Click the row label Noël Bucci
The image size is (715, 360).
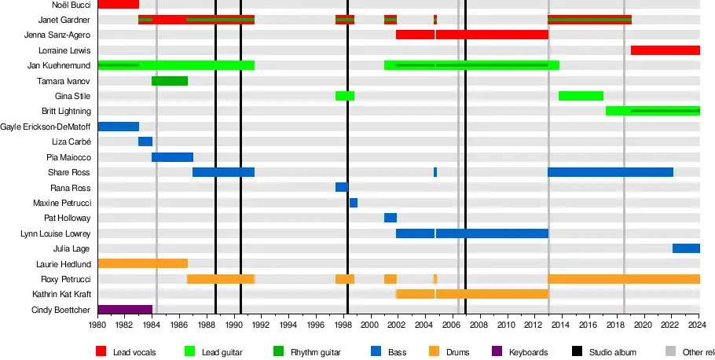[x=69, y=5]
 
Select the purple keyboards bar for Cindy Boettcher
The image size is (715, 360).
[x=124, y=310]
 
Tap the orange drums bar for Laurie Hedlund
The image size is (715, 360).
[x=142, y=263]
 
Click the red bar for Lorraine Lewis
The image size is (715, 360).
[x=665, y=50]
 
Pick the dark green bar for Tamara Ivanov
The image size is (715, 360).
[x=169, y=81]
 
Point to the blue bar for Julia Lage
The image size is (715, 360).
[x=686, y=248]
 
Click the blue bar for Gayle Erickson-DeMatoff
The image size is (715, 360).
[x=118, y=127]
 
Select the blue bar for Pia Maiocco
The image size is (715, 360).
[x=172, y=157]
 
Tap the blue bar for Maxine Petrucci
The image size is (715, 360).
[x=354, y=203]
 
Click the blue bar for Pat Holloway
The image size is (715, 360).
[x=390, y=218]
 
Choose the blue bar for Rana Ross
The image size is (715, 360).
[x=342, y=187]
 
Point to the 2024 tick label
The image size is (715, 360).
[x=699, y=325]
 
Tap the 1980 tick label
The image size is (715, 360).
[x=97, y=325]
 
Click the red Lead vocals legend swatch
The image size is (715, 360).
[x=101, y=352]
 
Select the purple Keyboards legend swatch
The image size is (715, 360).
[x=497, y=352]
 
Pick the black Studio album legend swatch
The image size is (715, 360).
[x=577, y=352]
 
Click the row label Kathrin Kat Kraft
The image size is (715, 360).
[x=61, y=294]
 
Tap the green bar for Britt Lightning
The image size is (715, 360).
[x=652, y=111]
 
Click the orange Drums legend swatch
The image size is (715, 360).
[x=434, y=352]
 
